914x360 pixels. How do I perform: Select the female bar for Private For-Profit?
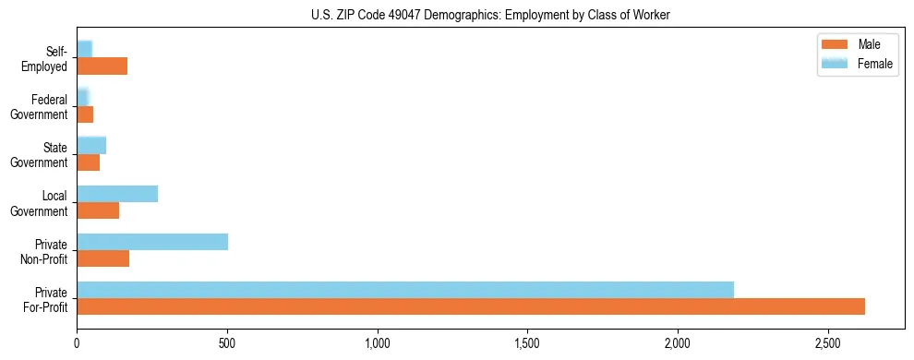pyautogui.click(x=405, y=290)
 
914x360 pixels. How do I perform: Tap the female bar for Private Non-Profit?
pyautogui.click(x=152, y=242)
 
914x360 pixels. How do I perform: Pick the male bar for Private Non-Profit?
pyautogui.click(x=102, y=258)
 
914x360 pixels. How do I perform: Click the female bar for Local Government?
pyautogui.click(x=117, y=194)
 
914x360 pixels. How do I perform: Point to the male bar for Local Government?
pyautogui.click(x=98, y=210)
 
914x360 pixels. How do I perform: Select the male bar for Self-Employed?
pyautogui.click(x=102, y=66)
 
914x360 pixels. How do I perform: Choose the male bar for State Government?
pyautogui.click(x=88, y=162)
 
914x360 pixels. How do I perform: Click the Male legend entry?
pyautogui.click(x=869, y=44)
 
